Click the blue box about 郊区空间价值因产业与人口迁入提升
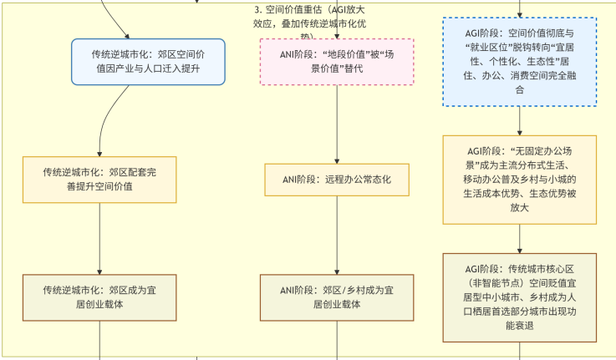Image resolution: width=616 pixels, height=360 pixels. pyautogui.click(x=148, y=61)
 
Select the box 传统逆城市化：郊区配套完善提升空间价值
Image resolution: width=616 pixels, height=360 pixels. pyautogui.click(x=99, y=179)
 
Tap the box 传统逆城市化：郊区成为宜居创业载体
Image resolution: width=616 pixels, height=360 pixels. pyautogui.click(x=99, y=297)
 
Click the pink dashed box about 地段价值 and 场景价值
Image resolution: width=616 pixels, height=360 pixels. pyautogui.click(x=337, y=61)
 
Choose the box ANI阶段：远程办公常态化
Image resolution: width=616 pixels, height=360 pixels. pyautogui.click(x=337, y=179)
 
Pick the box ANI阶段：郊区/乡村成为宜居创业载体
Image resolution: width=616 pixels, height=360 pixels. pyautogui.click(x=337, y=297)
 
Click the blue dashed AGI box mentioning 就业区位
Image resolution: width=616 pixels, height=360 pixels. pyautogui.click(x=520, y=61)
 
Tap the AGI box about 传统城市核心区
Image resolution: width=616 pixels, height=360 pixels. pyautogui.click(x=520, y=297)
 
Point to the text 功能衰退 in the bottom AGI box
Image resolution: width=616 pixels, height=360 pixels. pyautogui.click(x=520, y=327)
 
